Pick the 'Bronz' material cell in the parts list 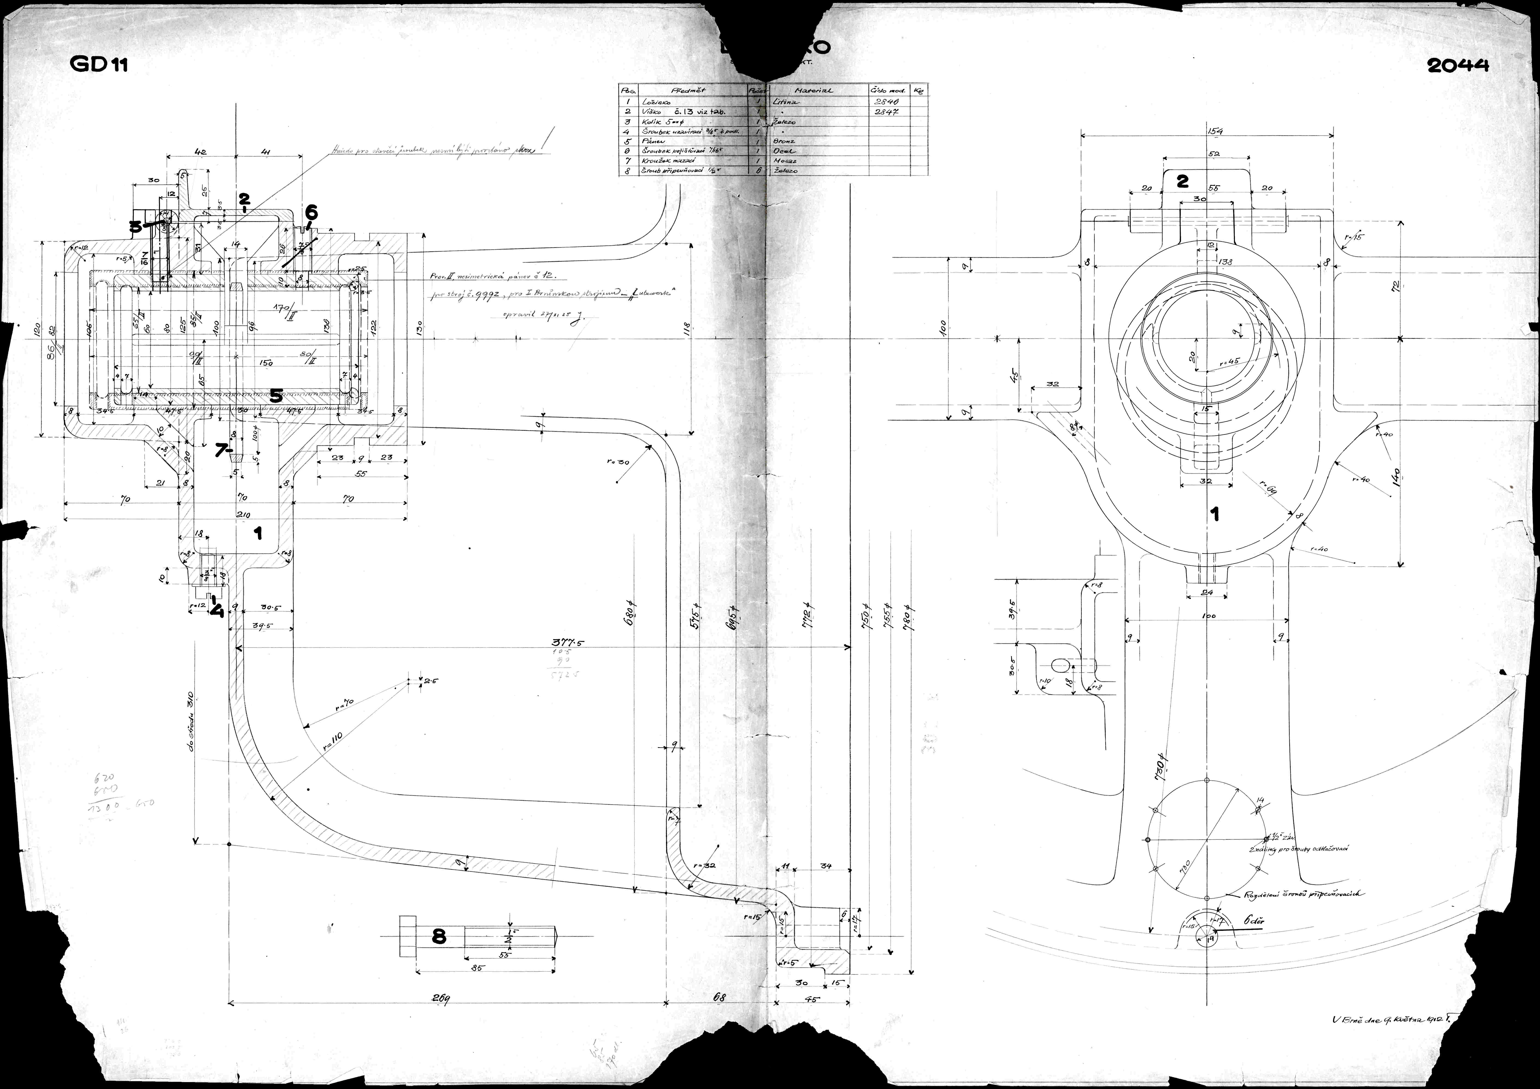785,142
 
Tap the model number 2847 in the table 887,112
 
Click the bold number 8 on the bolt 439,937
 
